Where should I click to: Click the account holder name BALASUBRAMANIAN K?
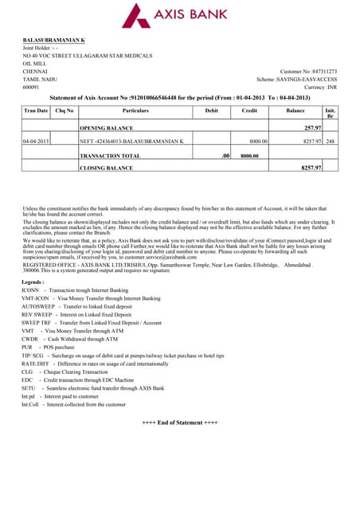[x=53, y=39]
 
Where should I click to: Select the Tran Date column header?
[x=34, y=111]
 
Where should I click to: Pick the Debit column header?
[x=211, y=111]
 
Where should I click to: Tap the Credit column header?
[x=249, y=111]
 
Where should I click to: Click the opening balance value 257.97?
[x=312, y=127]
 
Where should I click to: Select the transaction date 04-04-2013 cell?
[x=35, y=141]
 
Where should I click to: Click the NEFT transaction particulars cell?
[x=131, y=141]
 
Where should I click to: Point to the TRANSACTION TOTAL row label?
[x=110, y=156]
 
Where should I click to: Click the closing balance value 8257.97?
[x=311, y=169]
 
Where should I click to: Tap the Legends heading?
[x=33, y=282]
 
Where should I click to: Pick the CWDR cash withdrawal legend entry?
[x=72, y=340]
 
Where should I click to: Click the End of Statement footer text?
[x=180, y=422]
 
